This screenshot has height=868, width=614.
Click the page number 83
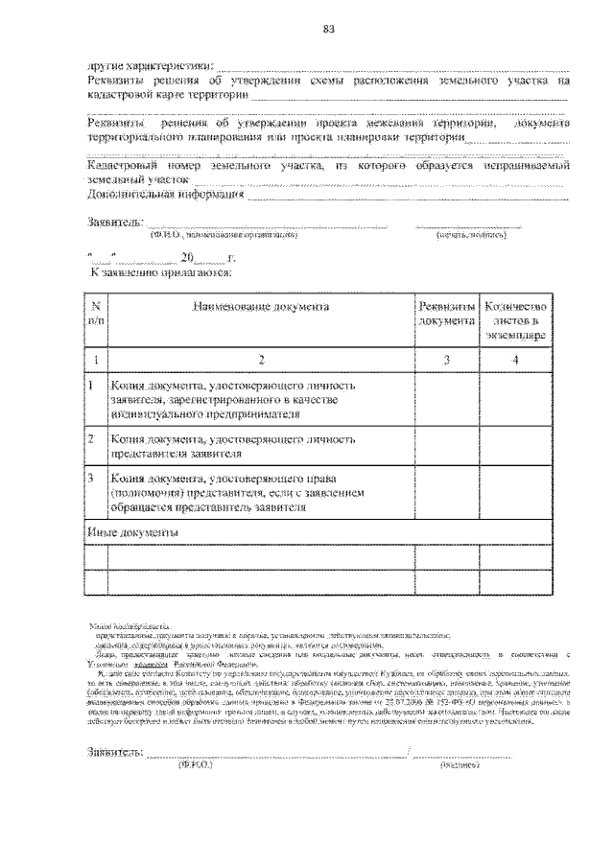point(327,28)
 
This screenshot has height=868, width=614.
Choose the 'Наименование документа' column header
point(260,307)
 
